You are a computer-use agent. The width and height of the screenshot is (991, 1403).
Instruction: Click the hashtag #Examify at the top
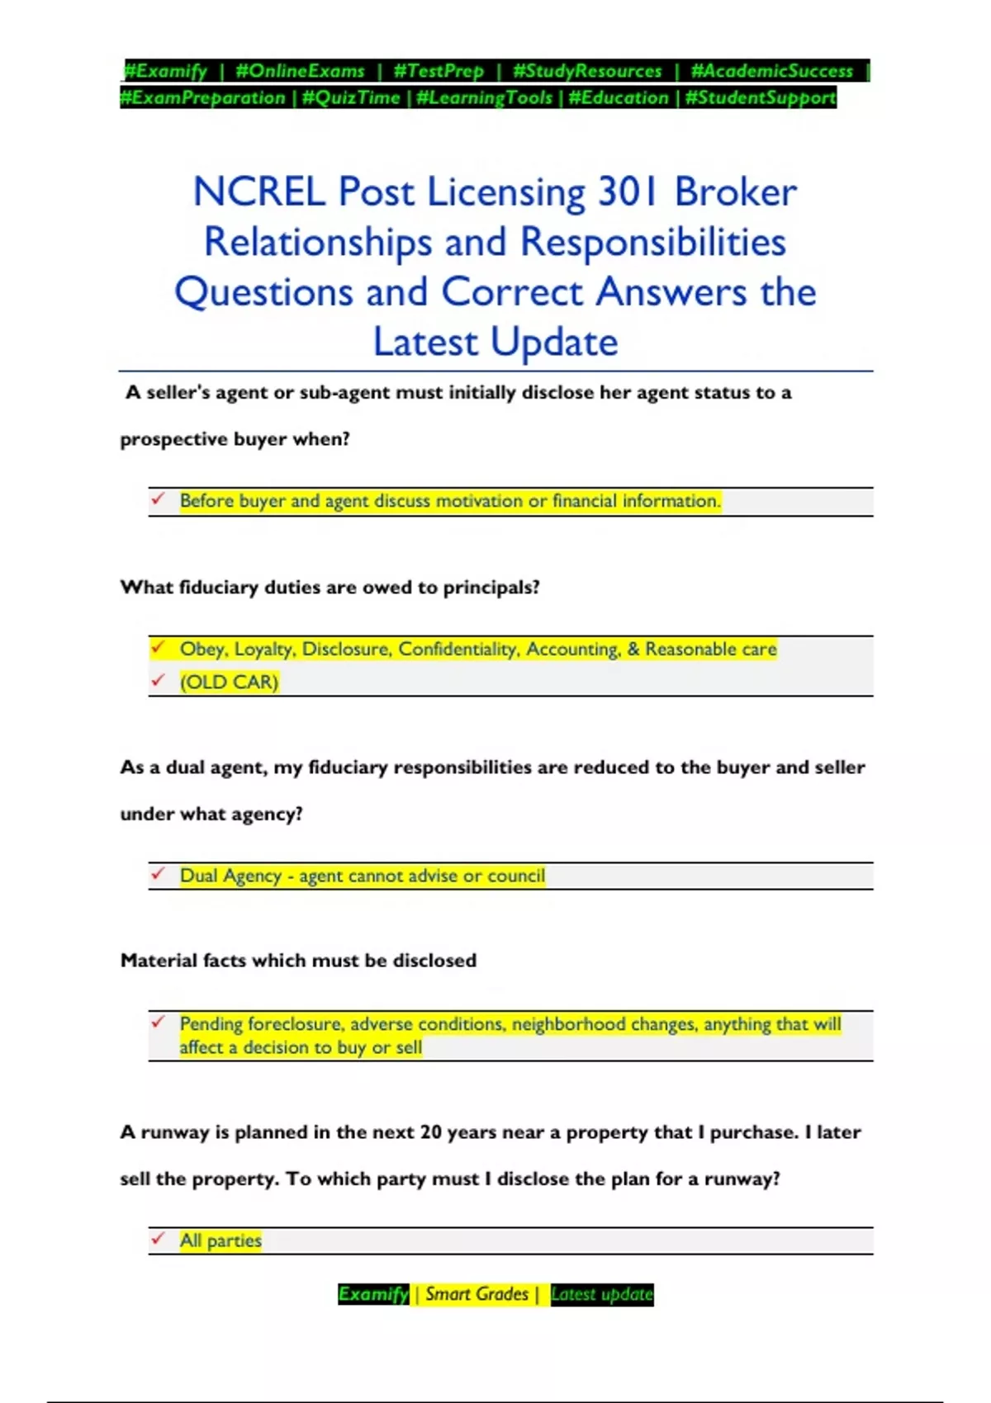pyautogui.click(x=165, y=71)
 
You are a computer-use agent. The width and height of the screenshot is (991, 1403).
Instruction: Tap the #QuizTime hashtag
pyautogui.click(x=351, y=97)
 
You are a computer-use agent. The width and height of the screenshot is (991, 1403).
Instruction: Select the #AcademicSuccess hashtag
pyautogui.click(x=771, y=71)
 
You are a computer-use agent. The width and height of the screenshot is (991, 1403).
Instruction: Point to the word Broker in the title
pyautogui.click(x=736, y=192)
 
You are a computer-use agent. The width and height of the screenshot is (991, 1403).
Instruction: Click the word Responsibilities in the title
pyautogui.click(x=652, y=243)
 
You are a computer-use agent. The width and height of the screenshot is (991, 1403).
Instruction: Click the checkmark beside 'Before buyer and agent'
pyautogui.click(x=158, y=499)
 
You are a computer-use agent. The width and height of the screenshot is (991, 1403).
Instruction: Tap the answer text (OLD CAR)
pyautogui.click(x=229, y=682)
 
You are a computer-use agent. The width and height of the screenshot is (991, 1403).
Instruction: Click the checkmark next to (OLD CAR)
pyautogui.click(x=158, y=681)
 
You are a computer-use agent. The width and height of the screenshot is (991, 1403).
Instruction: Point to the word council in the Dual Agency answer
pyautogui.click(x=516, y=876)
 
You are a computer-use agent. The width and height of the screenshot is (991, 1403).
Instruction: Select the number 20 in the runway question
pyautogui.click(x=431, y=1132)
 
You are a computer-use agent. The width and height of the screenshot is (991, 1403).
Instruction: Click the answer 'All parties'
pyautogui.click(x=220, y=1240)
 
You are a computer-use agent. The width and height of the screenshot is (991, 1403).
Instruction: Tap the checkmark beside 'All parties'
pyautogui.click(x=158, y=1239)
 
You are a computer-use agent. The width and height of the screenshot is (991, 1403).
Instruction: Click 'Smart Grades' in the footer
pyautogui.click(x=477, y=1294)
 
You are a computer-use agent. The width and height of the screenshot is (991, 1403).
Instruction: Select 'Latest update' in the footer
pyautogui.click(x=601, y=1294)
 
